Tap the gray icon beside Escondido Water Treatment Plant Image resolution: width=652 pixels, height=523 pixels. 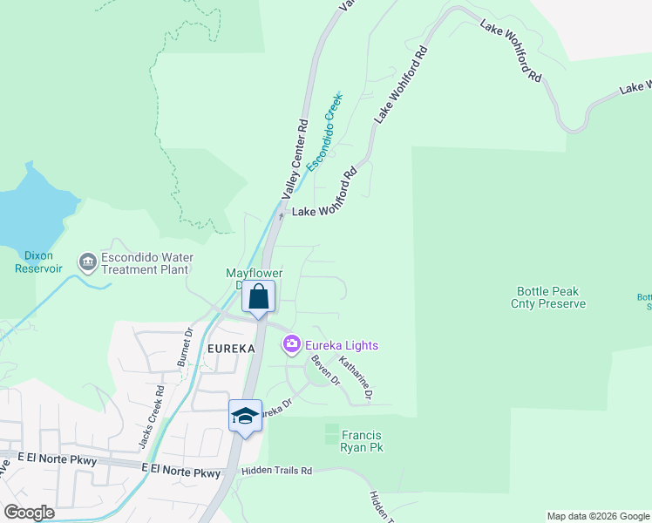87,261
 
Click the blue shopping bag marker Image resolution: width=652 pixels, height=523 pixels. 259,298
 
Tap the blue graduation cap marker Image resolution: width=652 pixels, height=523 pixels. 245,416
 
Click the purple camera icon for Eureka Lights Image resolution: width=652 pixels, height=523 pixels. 291,345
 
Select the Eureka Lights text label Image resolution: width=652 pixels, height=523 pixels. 342,346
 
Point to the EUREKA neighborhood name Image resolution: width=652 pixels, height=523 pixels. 232,349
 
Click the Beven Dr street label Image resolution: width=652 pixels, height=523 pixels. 324,370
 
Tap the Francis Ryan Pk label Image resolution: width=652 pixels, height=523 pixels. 362,441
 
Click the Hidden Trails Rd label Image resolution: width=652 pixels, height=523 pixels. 278,471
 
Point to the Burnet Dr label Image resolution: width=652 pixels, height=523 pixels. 185,347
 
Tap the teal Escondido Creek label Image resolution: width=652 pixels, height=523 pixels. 323,131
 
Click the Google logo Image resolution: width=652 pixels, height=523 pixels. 29,513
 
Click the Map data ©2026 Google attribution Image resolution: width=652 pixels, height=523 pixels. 597,516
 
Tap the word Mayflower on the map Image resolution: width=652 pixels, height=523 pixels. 255,273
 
